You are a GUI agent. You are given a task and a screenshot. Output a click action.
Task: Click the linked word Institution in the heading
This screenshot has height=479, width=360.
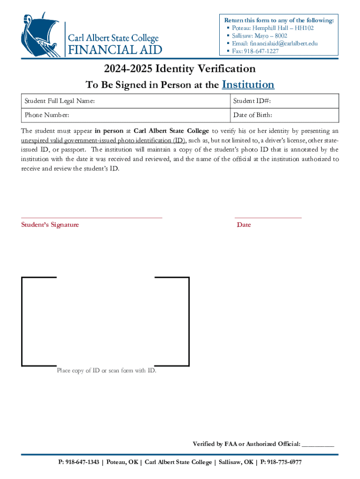pos(248,85)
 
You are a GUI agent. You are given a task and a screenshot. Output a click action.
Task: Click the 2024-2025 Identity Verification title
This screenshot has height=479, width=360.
pos(180,69)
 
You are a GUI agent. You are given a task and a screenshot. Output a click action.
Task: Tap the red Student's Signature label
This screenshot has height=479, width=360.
pos(50,225)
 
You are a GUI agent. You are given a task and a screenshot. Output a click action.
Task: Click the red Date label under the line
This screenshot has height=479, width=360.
pos(244,225)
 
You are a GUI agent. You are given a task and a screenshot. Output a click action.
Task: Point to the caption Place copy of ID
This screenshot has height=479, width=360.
pos(107,371)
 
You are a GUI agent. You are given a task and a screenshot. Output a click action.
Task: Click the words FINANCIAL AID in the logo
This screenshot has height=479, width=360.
pos(115,50)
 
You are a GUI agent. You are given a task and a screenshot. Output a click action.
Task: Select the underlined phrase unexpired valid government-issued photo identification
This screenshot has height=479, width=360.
pos(103,141)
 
